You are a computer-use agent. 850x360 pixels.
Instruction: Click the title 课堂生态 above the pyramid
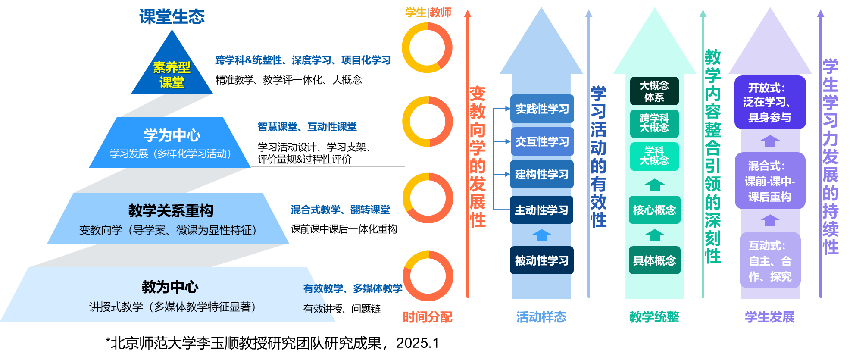point(172,17)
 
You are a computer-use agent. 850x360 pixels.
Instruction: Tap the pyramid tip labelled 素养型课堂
point(172,74)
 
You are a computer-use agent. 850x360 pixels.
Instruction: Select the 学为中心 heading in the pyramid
point(172,135)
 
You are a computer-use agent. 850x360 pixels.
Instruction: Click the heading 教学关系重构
point(171,211)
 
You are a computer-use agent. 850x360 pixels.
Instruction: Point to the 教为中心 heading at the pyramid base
point(170,287)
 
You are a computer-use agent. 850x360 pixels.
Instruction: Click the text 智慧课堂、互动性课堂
point(307,127)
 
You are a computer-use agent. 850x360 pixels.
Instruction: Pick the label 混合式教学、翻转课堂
point(340,210)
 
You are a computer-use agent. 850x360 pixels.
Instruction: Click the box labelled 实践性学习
point(542,109)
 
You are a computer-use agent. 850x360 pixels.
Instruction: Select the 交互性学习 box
point(542,141)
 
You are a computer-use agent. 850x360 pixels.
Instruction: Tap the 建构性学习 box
point(541,175)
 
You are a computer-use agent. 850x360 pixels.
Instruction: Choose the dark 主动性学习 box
point(541,210)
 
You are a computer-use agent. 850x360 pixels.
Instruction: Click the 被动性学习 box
point(541,260)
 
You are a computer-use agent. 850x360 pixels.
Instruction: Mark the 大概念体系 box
point(654,91)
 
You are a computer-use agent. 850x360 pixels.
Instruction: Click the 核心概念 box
point(654,210)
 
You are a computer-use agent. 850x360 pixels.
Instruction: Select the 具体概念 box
point(654,260)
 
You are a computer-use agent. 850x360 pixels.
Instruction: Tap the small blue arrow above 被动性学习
point(541,235)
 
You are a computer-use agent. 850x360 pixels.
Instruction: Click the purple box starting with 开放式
point(770,103)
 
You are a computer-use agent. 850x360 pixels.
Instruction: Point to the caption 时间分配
point(427,317)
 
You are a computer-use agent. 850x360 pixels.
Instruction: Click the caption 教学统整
point(654,317)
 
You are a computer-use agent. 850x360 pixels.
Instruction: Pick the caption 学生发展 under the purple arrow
point(770,317)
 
